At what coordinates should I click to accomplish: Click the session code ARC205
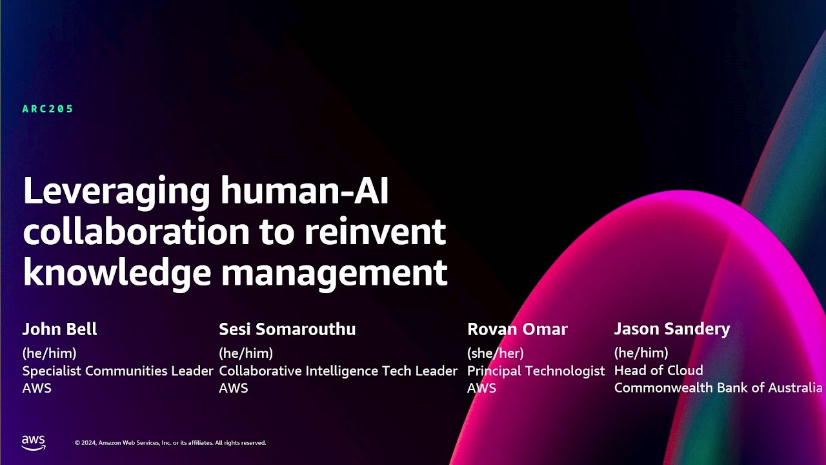click(x=48, y=109)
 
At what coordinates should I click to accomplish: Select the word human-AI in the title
click(x=305, y=192)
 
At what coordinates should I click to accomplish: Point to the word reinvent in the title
click(x=375, y=232)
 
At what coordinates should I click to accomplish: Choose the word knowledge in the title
click(x=117, y=272)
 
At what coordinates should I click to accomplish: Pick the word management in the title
click(x=334, y=272)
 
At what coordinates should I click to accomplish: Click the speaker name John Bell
click(x=59, y=329)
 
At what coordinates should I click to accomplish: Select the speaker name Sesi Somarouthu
click(x=287, y=329)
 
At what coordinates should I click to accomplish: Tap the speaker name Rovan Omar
click(x=517, y=329)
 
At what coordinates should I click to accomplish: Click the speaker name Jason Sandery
click(x=672, y=329)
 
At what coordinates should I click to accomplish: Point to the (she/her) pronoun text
click(x=495, y=353)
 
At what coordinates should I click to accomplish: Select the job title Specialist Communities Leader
click(x=117, y=371)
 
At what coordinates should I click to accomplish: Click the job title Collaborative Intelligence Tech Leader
click(x=338, y=371)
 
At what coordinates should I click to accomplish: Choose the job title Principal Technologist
click(x=536, y=371)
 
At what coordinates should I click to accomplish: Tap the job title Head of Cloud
click(x=658, y=371)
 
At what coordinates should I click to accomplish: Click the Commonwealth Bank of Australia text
click(x=718, y=388)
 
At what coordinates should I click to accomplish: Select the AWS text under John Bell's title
click(x=37, y=388)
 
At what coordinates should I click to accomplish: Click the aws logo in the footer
click(x=34, y=442)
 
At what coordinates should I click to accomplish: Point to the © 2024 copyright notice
click(x=170, y=443)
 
